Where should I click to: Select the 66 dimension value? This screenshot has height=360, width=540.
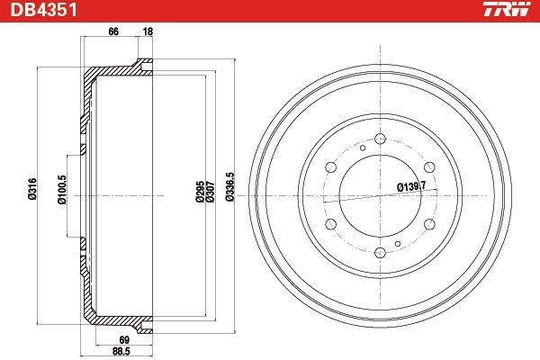point(113,32)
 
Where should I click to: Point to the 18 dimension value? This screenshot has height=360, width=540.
point(147,32)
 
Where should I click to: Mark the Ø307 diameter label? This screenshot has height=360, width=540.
point(209,193)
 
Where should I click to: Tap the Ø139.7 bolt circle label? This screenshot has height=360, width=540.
point(410,186)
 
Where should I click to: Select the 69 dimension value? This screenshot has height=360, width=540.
point(126,340)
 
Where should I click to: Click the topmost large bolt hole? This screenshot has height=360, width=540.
point(380,139)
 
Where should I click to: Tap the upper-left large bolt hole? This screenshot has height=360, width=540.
point(330,167)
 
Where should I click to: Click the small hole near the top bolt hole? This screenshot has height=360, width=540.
point(362,147)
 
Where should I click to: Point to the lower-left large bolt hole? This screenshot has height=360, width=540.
point(330,223)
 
